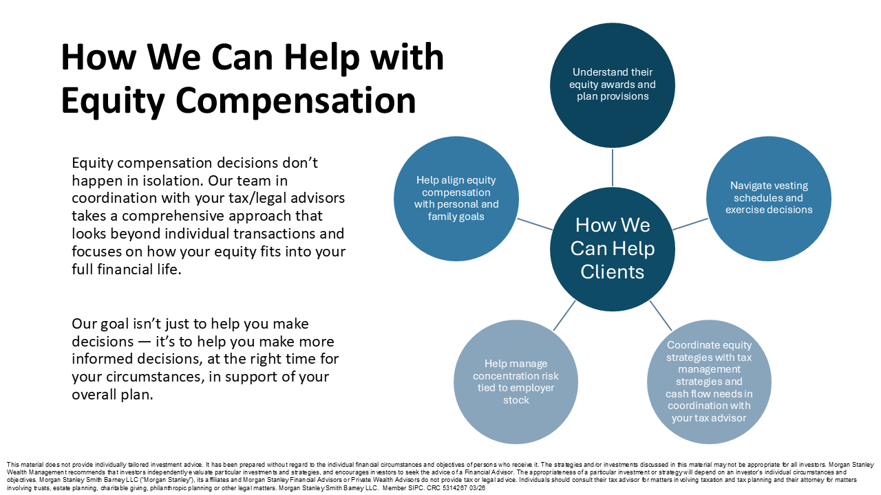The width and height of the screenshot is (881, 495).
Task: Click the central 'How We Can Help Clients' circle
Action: [613, 249]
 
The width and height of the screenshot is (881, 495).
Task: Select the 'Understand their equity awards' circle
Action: [613, 85]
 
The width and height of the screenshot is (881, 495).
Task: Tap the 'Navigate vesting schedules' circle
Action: [769, 199]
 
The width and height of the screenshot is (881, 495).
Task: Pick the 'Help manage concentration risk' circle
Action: [516, 382]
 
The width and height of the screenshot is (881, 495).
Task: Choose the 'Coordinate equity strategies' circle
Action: [709, 382]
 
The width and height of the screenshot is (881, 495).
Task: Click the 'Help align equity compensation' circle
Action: [456, 199]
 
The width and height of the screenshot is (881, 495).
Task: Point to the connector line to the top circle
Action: [613, 167]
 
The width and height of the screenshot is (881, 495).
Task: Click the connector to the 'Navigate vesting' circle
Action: [690, 224]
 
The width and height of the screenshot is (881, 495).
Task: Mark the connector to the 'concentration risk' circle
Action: [564, 316]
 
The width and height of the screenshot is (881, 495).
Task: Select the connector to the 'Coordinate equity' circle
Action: [661, 316]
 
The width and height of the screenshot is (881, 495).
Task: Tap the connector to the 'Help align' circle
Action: [535, 224]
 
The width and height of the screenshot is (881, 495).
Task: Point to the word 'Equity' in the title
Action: [113, 100]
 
